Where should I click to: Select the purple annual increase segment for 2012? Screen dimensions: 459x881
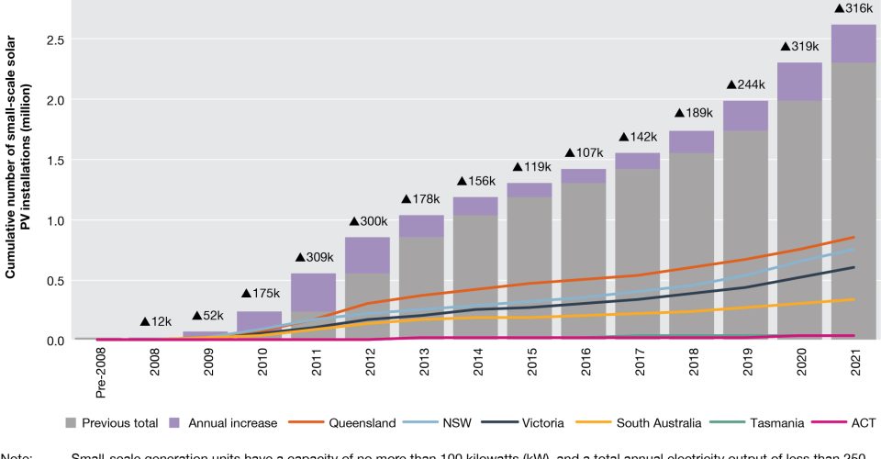[368, 255]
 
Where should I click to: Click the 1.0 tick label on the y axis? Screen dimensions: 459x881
[57, 220]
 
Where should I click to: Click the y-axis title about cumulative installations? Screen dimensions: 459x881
[20, 174]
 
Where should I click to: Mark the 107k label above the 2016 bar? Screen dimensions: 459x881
[583, 152]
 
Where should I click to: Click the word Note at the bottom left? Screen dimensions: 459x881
[17, 454]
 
